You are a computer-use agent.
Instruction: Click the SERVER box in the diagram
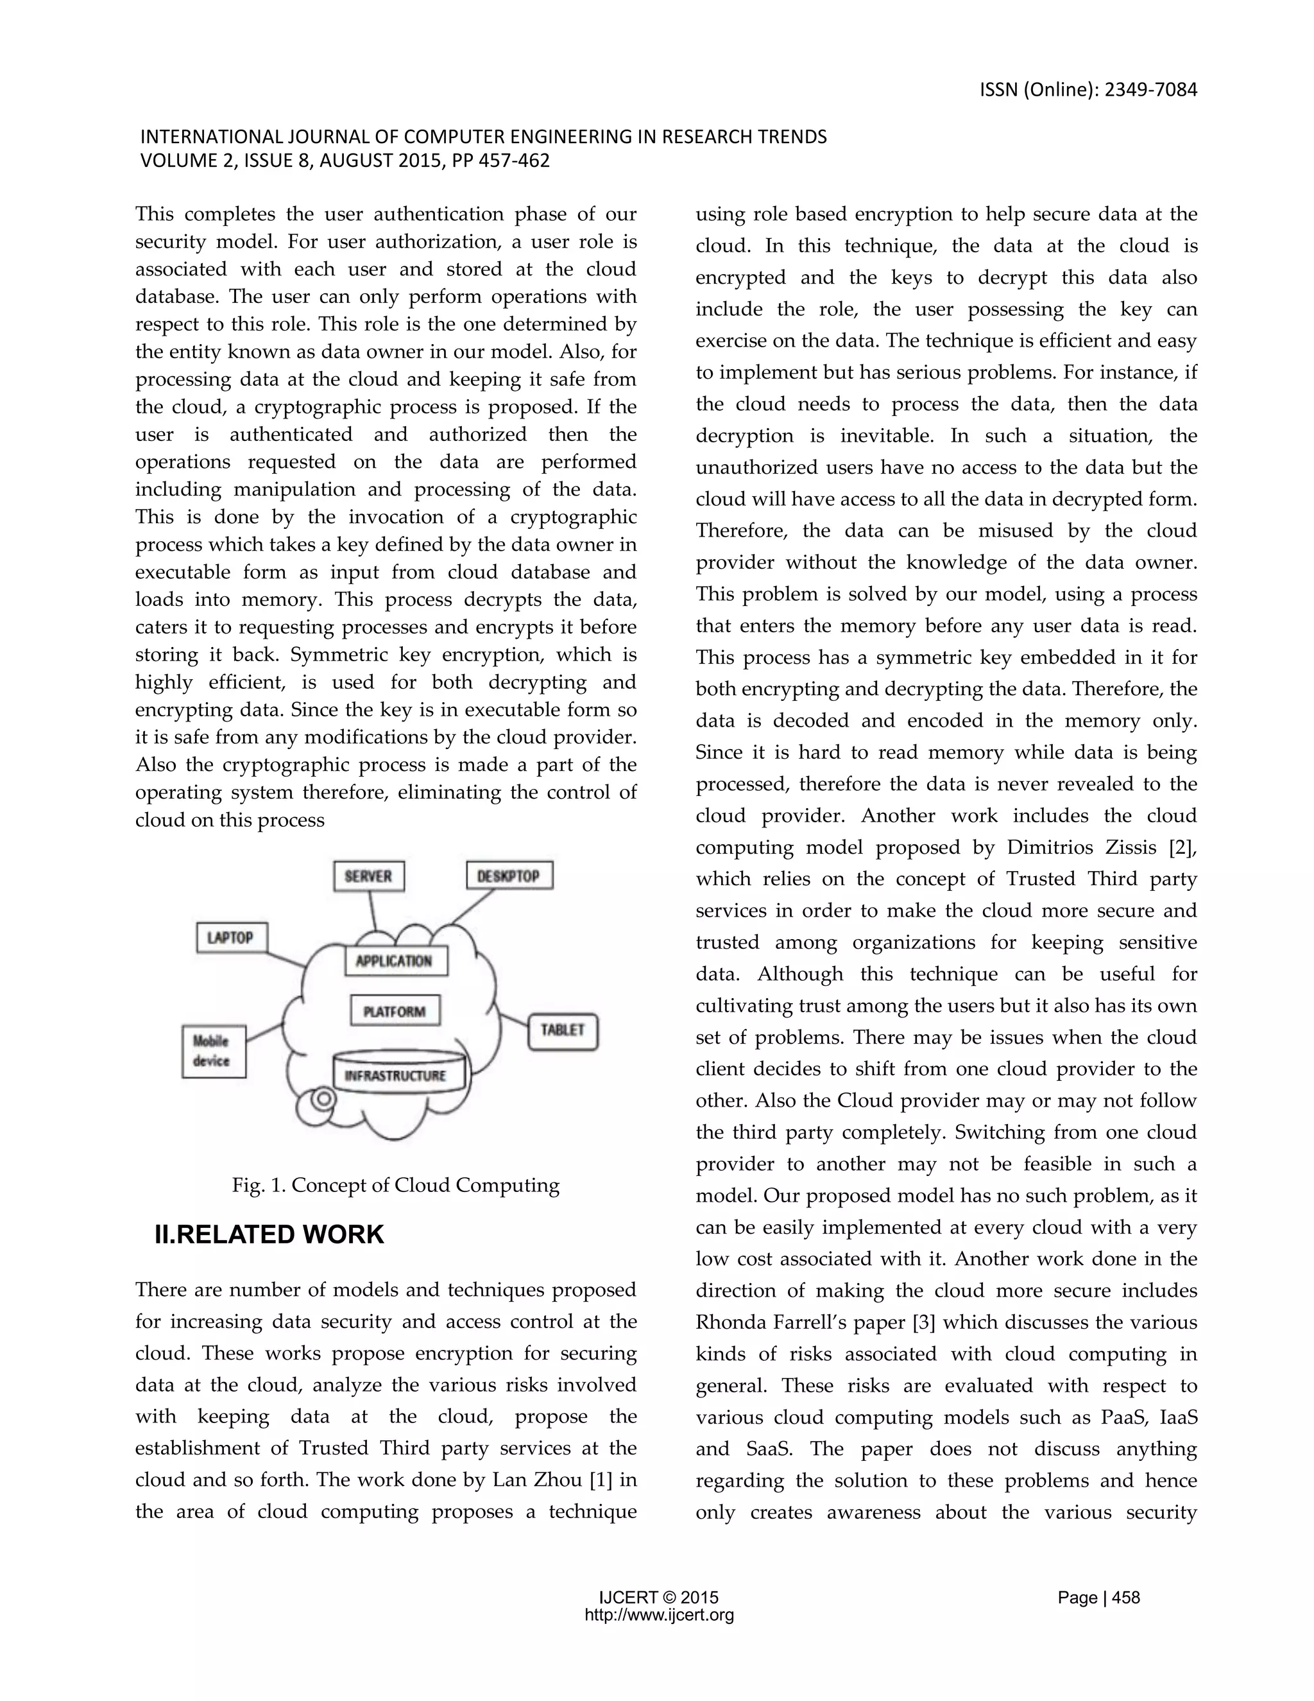pyautogui.click(x=368, y=876)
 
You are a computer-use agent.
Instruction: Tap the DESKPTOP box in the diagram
pyautogui.click(x=509, y=876)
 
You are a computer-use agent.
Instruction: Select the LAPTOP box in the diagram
pyautogui.click(x=231, y=938)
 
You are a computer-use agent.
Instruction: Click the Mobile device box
pyautogui.click(x=213, y=1051)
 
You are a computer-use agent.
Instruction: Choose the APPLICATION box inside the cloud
pyautogui.click(x=395, y=960)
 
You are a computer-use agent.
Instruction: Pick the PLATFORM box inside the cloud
pyautogui.click(x=395, y=1011)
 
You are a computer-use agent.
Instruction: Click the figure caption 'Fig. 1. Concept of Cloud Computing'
pyautogui.click(x=395, y=1186)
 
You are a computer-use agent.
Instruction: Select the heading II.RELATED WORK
pyautogui.click(x=269, y=1235)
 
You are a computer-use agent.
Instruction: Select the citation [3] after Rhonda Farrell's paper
pyautogui.click(x=922, y=1322)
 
